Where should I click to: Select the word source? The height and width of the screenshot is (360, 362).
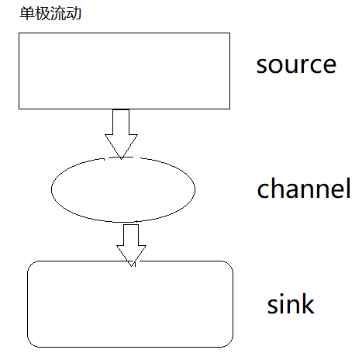296,64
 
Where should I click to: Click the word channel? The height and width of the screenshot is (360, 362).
304,189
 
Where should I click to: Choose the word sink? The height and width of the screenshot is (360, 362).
291,304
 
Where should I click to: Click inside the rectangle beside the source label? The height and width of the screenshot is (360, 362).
124,71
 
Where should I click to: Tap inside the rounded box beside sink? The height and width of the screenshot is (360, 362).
130,303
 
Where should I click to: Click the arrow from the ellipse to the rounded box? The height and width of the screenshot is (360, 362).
131,243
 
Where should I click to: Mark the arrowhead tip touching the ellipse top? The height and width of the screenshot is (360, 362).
121,158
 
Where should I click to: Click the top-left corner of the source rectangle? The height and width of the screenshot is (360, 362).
19,33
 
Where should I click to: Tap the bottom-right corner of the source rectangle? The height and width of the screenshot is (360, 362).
229,108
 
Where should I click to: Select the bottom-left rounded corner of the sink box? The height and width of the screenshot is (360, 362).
31,342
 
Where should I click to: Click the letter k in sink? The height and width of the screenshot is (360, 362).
307,303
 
